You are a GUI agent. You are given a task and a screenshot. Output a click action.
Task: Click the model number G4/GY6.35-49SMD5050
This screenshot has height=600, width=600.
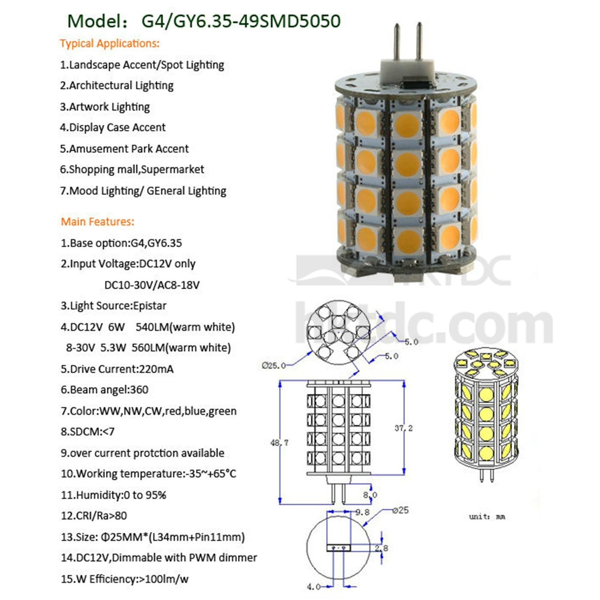click(241, 21)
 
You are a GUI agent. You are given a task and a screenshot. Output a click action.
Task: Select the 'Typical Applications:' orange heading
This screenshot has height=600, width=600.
click(110, 43)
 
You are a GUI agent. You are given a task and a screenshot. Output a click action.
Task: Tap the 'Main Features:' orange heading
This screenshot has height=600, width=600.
click(98, 221)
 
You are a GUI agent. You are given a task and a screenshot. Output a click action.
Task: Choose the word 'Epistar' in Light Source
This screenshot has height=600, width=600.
click(150, 306)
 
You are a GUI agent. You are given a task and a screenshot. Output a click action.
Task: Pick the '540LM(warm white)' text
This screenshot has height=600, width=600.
click(185, 327)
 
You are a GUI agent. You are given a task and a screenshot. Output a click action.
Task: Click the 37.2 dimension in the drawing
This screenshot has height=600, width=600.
click(403, 428)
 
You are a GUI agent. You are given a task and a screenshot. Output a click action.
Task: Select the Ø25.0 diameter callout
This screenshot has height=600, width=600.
click(274, 366)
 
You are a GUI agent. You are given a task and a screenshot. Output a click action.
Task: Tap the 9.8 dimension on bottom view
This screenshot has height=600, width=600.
click(362, 512)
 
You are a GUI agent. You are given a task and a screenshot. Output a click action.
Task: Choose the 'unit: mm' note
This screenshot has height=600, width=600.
click(487, 517)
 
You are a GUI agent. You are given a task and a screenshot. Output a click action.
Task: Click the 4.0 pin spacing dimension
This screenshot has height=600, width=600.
click(314, 587)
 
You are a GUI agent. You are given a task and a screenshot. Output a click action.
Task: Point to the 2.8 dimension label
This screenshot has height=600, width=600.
click(381, 548)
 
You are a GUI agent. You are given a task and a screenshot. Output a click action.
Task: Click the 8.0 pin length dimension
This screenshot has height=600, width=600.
click(370, 495)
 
